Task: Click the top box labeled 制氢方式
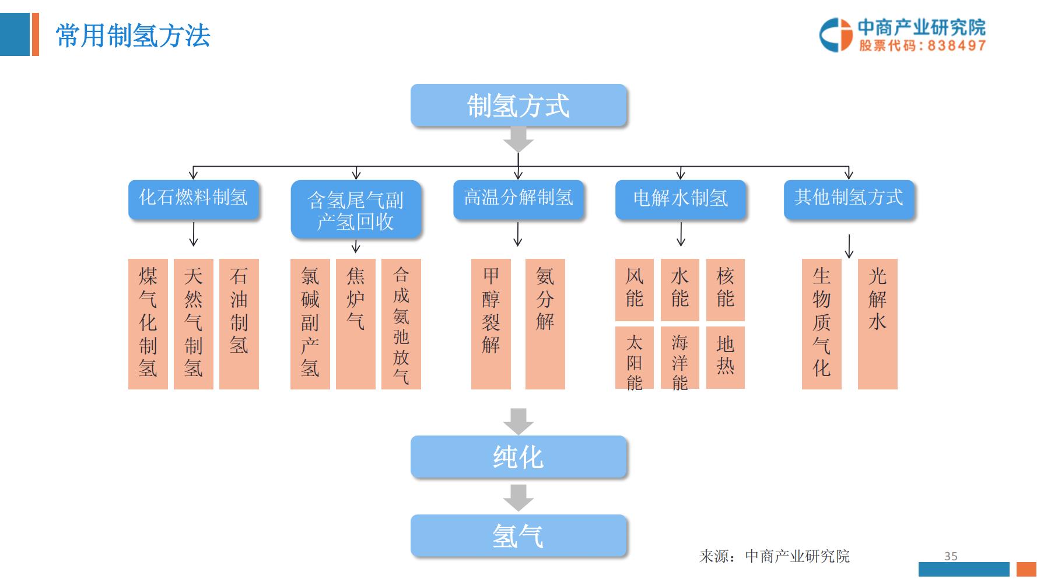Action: (518, 106)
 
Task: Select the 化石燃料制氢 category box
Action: (193, 199)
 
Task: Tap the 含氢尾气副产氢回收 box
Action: (355, 209)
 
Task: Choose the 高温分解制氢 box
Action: (518, 199)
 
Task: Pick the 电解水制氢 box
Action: (680, 199)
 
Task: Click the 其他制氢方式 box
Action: (848, 199)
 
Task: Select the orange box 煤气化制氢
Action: (148, 324)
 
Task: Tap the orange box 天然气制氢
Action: (193, 324)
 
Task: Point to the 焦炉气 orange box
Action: (355, 324)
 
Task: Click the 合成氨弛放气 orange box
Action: (401, 324)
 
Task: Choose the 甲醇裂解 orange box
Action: (491, 324)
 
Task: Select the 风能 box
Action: (634, 289)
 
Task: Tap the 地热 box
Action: (725, 357)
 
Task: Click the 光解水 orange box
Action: (877, 324)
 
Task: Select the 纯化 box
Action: (518, 457)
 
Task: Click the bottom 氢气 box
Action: (518, 535)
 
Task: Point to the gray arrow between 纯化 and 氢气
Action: (518, 497)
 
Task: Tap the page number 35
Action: (951, 556)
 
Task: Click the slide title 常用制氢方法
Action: (133, 36)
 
